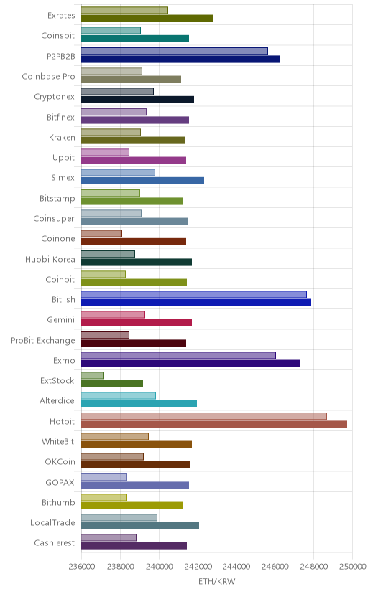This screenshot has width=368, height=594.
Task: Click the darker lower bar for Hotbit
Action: [x=214, y=424]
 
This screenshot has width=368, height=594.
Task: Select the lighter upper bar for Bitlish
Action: [x=194, y=294]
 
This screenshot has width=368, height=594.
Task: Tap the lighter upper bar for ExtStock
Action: [x=92, y=375]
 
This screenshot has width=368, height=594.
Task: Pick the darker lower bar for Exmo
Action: [x=191, y=363]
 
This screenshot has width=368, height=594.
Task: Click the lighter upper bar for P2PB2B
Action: [x=175, y=51]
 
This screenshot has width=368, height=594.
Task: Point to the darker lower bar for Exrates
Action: [x=147, y=18]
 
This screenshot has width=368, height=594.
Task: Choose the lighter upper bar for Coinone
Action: [x=101, y=233]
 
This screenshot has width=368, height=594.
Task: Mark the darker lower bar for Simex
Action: [x=142, y=181]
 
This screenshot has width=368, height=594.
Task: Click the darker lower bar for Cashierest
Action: [x=134, y=545]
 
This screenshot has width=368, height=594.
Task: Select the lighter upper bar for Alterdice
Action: [x=119, y=396]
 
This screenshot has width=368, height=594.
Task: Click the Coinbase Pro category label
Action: [x=49, y=77]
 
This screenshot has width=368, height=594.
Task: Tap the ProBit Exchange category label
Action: [x=43, y=341]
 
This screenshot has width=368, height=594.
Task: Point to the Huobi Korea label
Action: [x=50, y=260]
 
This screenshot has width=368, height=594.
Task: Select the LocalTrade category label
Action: [x=52, y=523]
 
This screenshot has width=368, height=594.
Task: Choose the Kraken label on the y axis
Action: [x=63, y=138]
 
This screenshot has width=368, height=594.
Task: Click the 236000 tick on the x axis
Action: [x=81, y=567]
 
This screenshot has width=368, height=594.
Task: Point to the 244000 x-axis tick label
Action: [x=236, y=567]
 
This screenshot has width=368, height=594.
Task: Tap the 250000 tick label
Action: [x=352, y=567]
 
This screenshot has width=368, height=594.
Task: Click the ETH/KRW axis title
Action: [x=216, y=582]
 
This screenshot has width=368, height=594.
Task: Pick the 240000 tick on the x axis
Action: [x=159, y=567]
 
